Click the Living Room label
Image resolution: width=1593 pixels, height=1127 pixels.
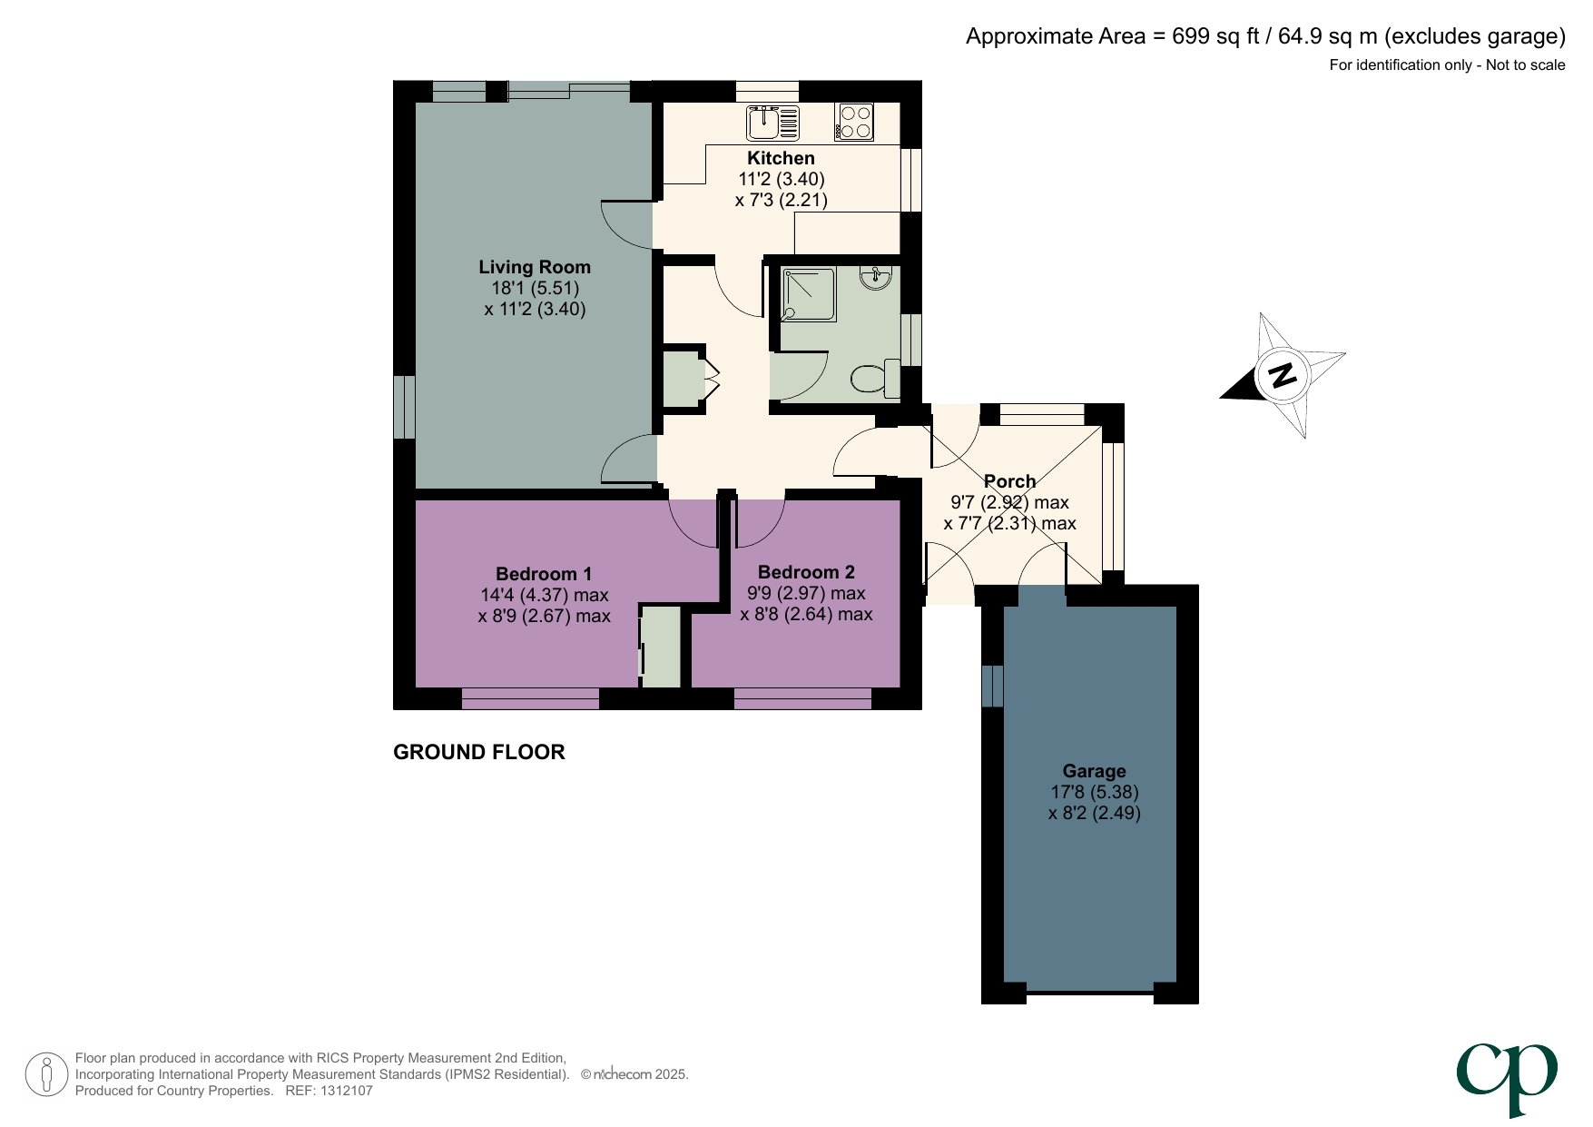(x=534, y=267)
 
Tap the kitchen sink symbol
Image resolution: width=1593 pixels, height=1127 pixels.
(x=772, y=122)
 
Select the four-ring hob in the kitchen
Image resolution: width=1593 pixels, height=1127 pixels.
(x=854, y=122)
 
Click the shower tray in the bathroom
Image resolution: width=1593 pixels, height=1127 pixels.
(x=807, y=294)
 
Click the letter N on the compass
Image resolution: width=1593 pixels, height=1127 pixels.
(x=1282, y=374)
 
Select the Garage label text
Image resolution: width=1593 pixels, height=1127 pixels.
(x=1094, y=771)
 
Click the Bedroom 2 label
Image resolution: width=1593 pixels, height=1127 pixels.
(x=806, y=572)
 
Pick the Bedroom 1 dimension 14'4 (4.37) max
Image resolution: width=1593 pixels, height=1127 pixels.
(x=544, y=595)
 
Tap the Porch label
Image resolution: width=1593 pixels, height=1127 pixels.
(x=1009, y=481)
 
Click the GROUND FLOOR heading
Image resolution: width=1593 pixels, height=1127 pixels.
(x=478, y=752)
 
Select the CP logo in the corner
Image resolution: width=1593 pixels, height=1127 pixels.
(x=1507, y=1077)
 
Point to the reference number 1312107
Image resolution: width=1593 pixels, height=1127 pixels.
(x=344, y=1091)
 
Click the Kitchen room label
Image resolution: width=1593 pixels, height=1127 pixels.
(x=781, y=158)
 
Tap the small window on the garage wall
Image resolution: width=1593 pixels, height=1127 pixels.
(x=992, y=686)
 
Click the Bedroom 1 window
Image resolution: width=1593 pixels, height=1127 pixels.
(x=530, y=698)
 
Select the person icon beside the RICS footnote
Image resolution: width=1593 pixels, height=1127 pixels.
(x=46, y=1074)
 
